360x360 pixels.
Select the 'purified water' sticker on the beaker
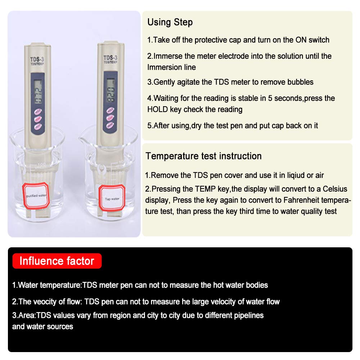pyautogui.click(x=36, y=195)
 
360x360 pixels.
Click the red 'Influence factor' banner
pyautogui.click(x=57, y=261)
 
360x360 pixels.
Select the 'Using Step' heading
pyautogui.click(x=170, y=22)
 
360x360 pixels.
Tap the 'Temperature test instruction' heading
pyautogui.click(x=203, y=156)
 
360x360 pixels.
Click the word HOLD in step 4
pyautogui.click(x=158, y=109)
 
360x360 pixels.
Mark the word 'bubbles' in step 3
pyautogui.click(x=300, y=82)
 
